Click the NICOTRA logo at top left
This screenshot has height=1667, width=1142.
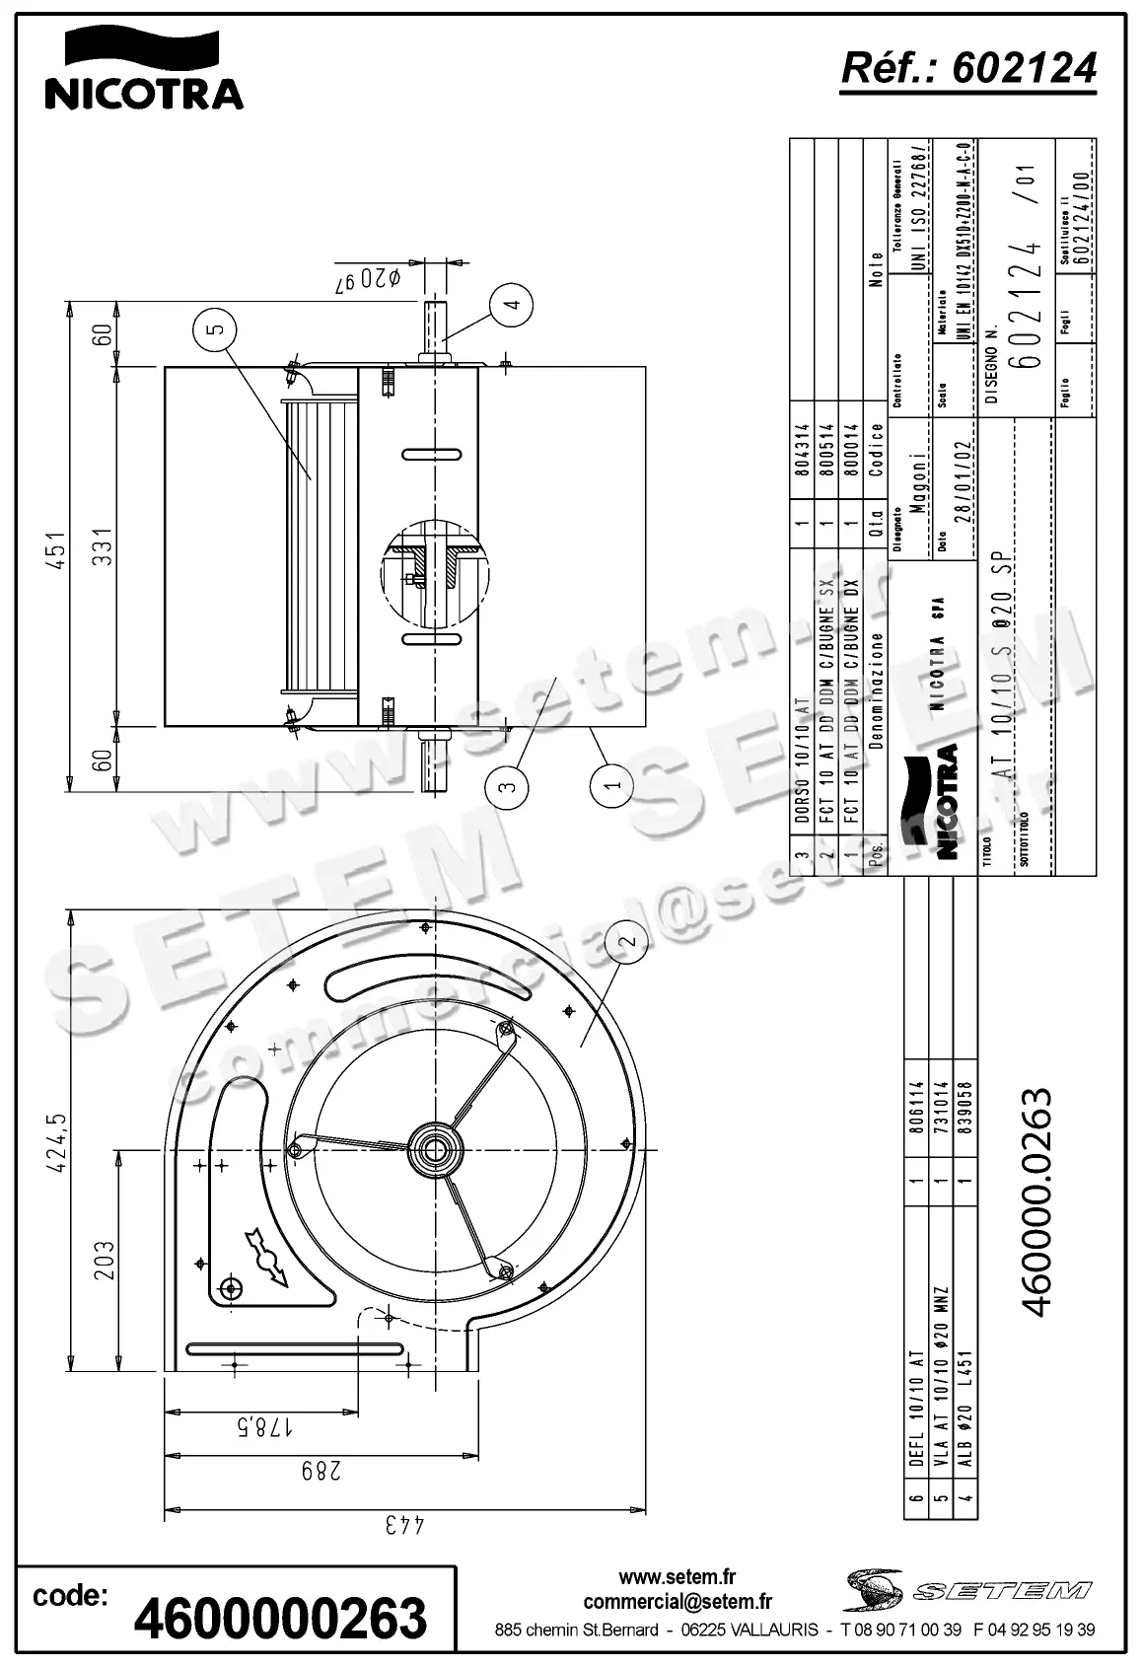[144, 68]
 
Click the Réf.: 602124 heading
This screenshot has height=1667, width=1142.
[967, 68]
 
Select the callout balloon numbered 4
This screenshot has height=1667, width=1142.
[511, 304]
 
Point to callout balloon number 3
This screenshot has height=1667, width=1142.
[507, 786]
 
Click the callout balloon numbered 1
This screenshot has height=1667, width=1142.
[612, 786]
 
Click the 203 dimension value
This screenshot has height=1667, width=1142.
[104, 1260]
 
